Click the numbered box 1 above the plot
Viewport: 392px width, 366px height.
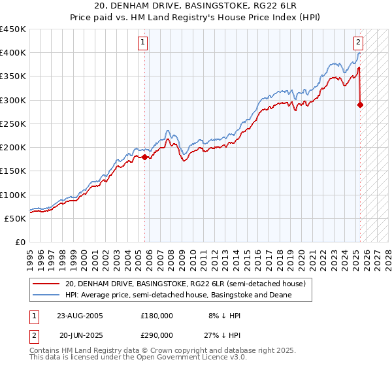pyautogui.click(x=143, y=43)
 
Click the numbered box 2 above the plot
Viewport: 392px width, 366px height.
pyautogui.click(x=359, y=43)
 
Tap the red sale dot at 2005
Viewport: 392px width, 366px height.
pyautogui.click(x=145, y=157)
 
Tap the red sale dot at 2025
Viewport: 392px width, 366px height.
pyautogui.click(x=360, y=105)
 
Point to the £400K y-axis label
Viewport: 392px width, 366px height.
pyautogui.click(x=13, y=53)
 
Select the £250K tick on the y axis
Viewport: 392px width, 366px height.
pyautogui.click(x=13, y=124)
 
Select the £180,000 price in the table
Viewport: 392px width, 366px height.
pyautogui.click(x=157, y=315)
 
